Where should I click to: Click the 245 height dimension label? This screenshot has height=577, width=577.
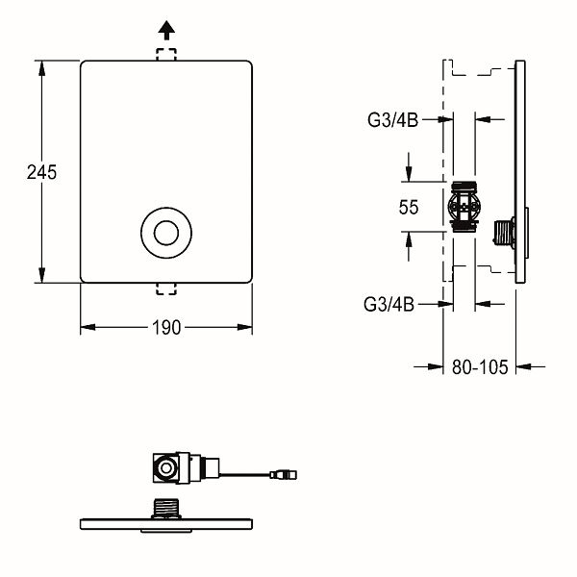tap(41, 173)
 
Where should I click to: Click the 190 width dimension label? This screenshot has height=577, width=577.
tap(166, 327)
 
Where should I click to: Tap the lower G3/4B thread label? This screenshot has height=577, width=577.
tap(389, 305)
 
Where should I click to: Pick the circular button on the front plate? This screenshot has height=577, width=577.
tap(166, 233)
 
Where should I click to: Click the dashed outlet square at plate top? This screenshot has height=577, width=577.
tap(166, 56)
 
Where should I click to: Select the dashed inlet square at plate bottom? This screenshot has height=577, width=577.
tap(166, 288)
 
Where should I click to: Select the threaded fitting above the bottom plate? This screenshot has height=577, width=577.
tap(167, 507)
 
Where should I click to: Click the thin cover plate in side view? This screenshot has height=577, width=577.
tap(520, 173)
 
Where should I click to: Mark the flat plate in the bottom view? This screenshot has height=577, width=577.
tap(166, 524)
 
